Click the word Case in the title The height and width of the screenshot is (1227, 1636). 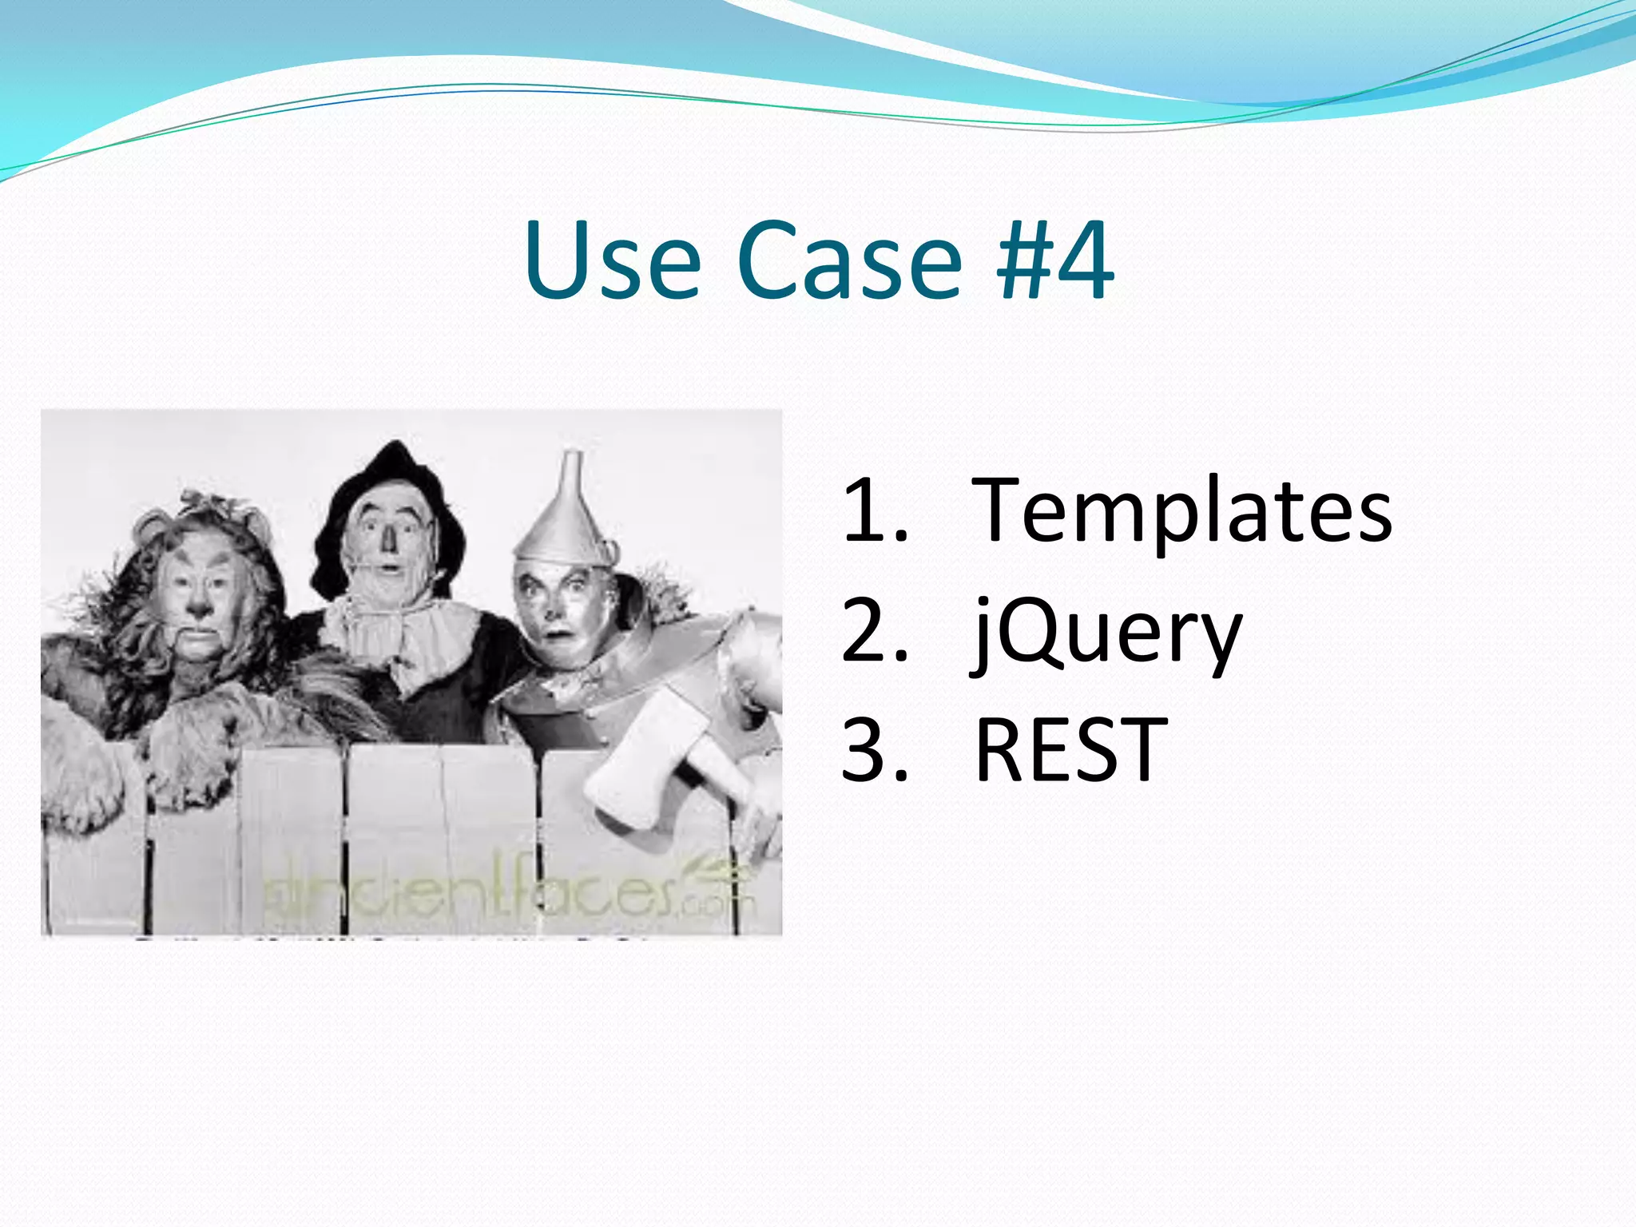click(848, 262)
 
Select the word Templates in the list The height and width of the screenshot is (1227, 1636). click(1182, 511)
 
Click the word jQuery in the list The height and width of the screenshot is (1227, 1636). click(1107, 634)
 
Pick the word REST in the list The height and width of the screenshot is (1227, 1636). click(1070, 751)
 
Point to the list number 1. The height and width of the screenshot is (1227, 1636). click(871, 511)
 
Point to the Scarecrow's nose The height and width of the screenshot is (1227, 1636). click(389, 539)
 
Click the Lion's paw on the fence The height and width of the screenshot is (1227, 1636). click(188, 759)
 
